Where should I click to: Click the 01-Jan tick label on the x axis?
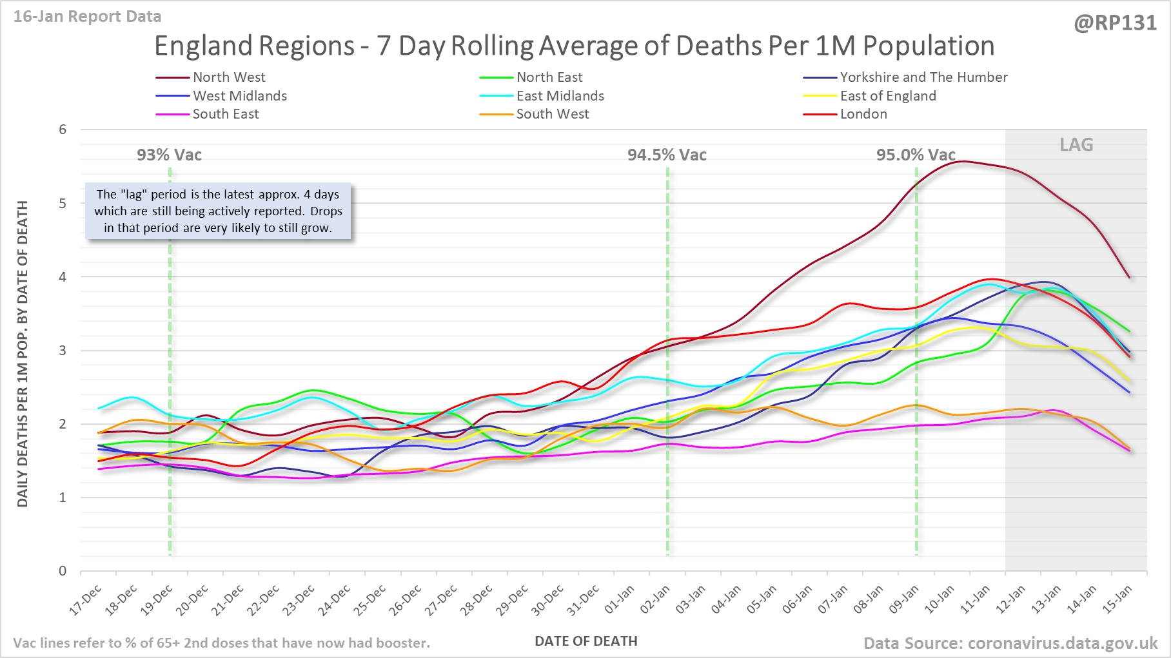pyautogui.click(x=620, y=600)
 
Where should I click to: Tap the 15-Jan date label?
pyautogui.click(x=1117, y=600)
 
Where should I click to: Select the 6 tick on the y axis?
pyautogui.click(x=63, y=130)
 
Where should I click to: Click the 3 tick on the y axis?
pyautogui.click(x=63, y=351)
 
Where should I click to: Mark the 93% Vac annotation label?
pyautogui.click(x=169, y=155)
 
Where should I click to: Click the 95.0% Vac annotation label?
pyautogui.click(x=916, y=155)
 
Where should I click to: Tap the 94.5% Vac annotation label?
pyautogui.click(x=667, y=155)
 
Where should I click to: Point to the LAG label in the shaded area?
pyautogui.click(x=1076, y=145)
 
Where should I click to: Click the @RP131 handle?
pyautogui.click(x=1115, y=23)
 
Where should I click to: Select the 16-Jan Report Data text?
pyautogui.click(x=88, y=17)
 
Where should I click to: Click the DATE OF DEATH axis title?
pyautogui.click(x=585, y=641)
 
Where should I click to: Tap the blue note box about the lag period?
pyautogui.click(x=218, y=211)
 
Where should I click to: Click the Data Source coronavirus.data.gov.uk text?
pyautogui.click(x=1010, y=643)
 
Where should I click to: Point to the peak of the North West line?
pyautogui.click(x=963, y=161)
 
